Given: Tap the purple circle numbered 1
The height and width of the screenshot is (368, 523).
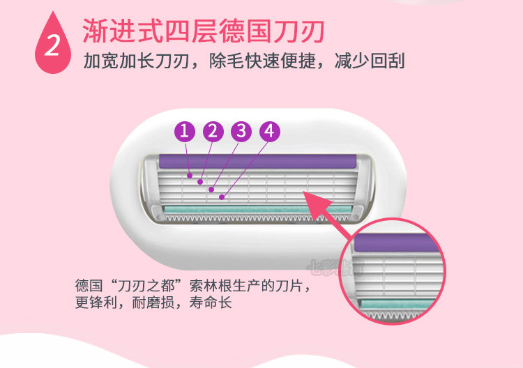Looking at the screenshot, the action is point(185,131).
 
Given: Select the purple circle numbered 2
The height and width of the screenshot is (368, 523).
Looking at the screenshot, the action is point(213,131).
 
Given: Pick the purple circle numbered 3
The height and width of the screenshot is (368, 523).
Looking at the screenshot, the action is point(241,131).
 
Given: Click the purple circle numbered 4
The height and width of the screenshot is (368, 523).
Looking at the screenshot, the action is point(269,131).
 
